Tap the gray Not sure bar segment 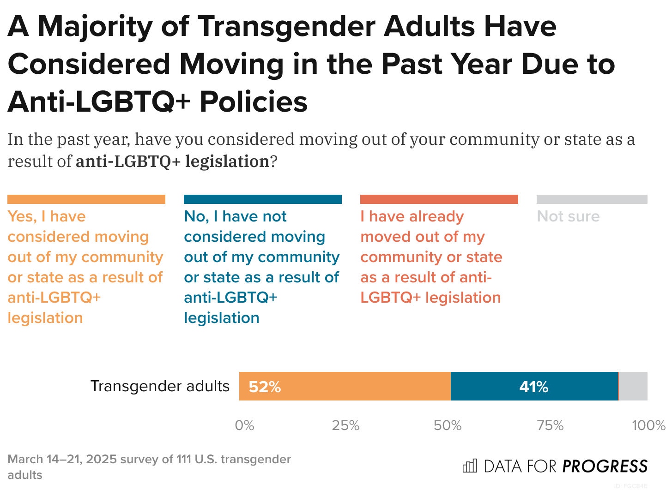click(633, 386)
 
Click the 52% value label click(265, 387)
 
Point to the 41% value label click(533, 387)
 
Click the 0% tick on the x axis click(244, 425)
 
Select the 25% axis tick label click(345, 425)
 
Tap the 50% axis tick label click(448, 425)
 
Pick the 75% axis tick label click(550, 425)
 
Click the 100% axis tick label click(648, 425)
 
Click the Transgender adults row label click(160, 386)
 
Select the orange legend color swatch click(86, 199)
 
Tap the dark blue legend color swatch click(263, 199)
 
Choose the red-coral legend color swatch click(439, 199)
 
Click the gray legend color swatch click(592, 199)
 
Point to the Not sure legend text click(568, 216)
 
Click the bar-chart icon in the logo click(470, 466)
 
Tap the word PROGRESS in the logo click(605, 466)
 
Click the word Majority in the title click(95, 26)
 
